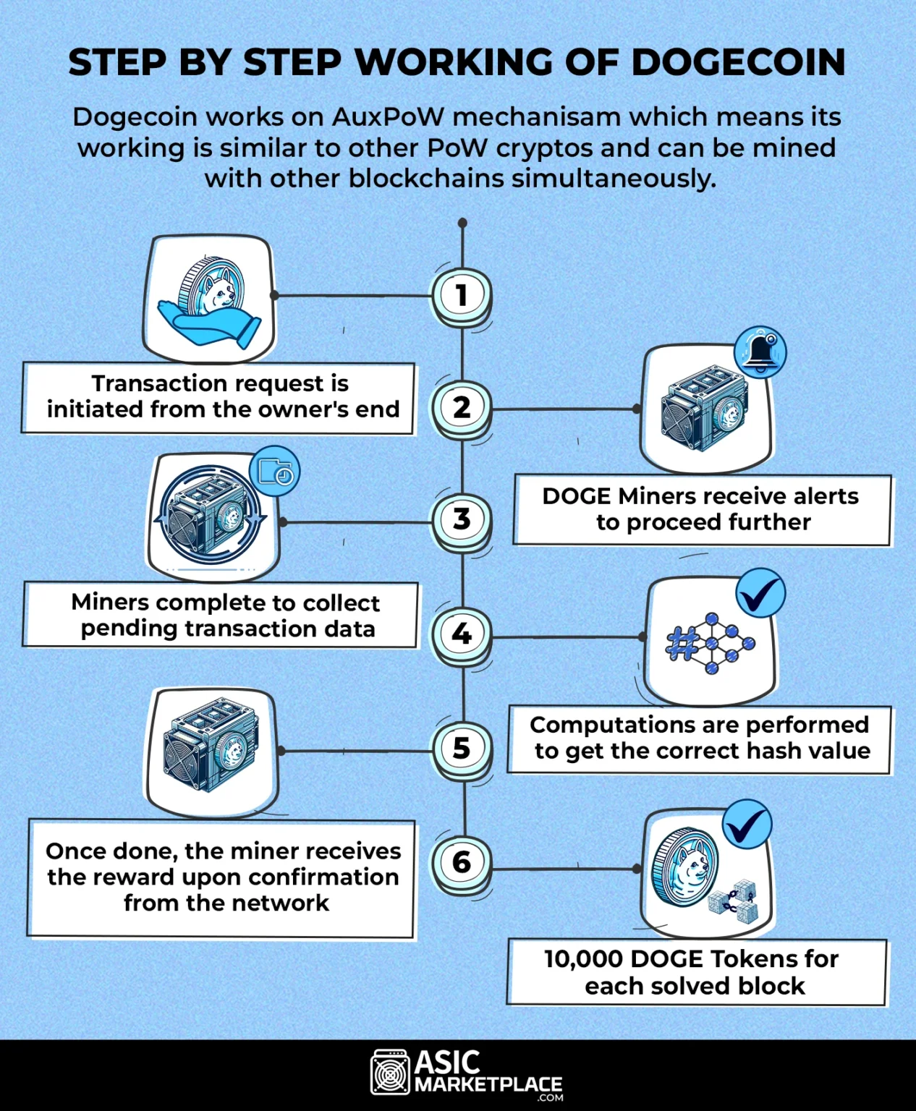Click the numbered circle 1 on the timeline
[462, 295]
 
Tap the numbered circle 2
[462, 407]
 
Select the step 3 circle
[462, 519]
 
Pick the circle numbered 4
[462, 634]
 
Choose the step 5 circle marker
[462, 748]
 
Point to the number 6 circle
[462, 861]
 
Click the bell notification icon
[760, 352]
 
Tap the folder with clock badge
[274, 471]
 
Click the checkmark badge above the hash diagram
[760, 593]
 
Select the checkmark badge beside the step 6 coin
[747, 824]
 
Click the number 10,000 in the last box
[583, 959]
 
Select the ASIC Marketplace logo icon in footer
[391, 1072]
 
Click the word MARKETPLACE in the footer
[488, 1084]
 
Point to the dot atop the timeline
[462, 223]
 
